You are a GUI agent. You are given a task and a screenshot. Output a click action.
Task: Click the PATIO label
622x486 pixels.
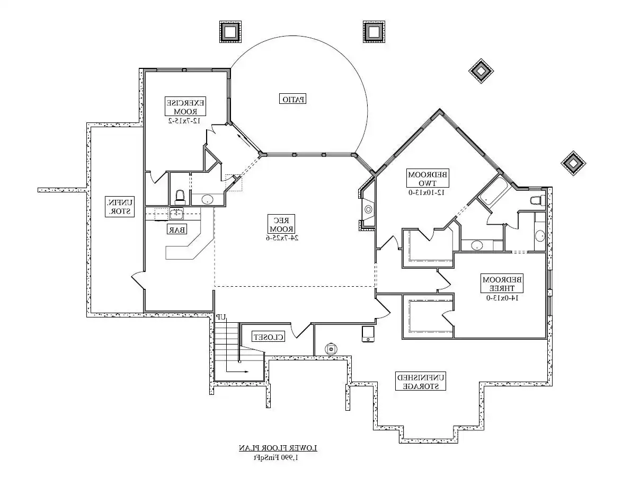(294, 99)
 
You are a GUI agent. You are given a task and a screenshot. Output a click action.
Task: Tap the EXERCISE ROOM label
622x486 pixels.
(186, 107)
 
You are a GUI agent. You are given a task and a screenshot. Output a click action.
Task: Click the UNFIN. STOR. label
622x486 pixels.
(120, 206)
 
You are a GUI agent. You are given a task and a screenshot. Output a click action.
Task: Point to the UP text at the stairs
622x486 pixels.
(221, 317)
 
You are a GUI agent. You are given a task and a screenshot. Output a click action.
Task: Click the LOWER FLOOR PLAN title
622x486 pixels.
(278, 448)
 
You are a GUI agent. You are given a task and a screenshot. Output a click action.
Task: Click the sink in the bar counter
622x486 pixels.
(175, 214)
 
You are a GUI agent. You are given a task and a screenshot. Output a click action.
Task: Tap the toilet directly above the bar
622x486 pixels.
(180, 197)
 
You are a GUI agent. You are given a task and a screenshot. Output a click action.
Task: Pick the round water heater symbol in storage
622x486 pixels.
(331, 349)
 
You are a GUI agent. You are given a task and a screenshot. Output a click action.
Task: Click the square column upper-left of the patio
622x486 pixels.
(229, 32)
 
